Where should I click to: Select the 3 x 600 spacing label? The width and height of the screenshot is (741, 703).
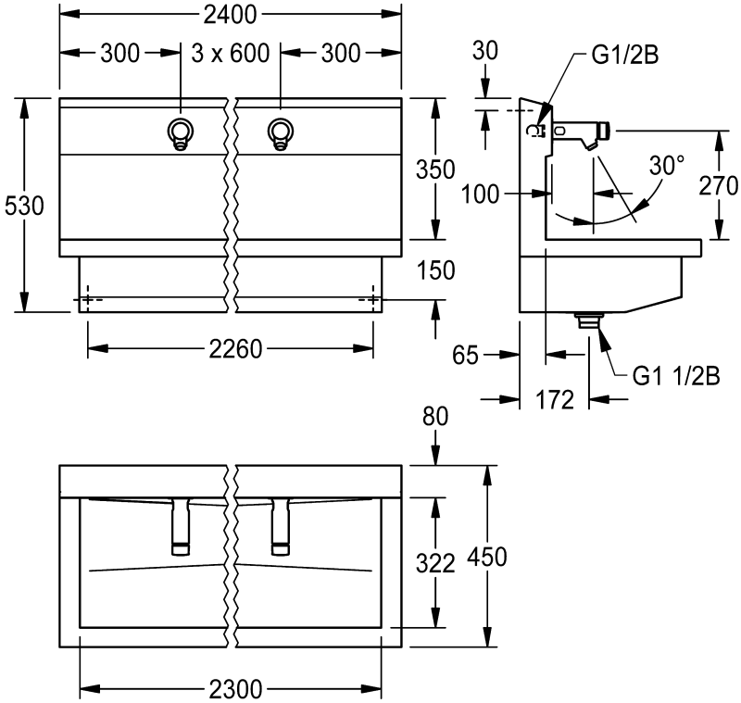click(231, 54)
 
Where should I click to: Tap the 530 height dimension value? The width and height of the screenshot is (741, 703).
click(24, 206)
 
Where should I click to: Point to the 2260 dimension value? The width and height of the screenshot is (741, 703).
click(231, 349)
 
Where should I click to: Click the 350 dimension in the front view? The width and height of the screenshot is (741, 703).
click(435, 169)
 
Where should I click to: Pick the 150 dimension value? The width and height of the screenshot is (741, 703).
click(435, 270)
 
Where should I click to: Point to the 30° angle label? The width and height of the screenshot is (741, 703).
click(666, 165)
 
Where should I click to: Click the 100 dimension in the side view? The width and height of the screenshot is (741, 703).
click(482, 194)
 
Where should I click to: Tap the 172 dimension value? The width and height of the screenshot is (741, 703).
click(556, 400)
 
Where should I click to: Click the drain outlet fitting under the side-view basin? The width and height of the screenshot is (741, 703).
click(587, 320)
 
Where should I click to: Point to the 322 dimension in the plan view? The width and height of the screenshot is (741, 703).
click(435, 563)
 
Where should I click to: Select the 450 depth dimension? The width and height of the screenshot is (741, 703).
click(487, 557)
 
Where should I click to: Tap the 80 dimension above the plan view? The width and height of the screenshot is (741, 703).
click(435, 417)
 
